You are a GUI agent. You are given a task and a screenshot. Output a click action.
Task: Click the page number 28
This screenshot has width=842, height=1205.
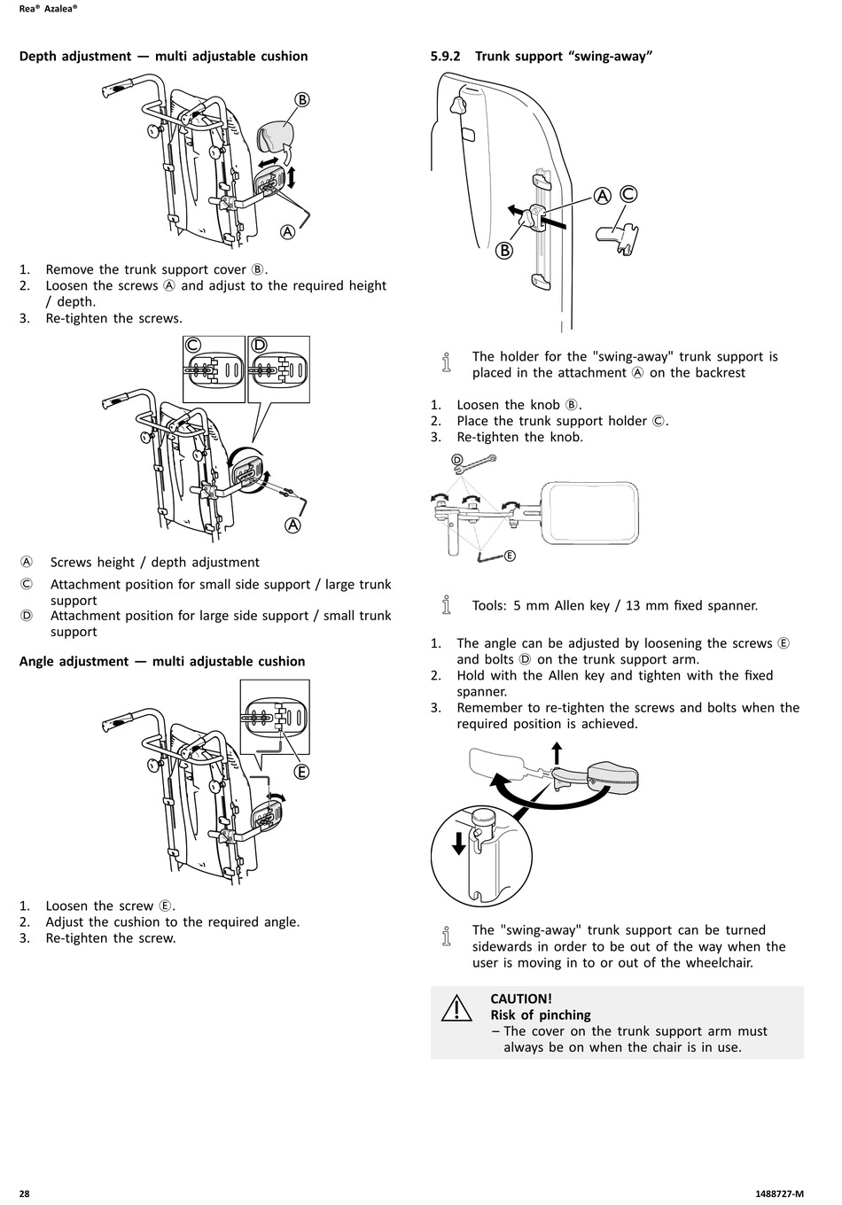(25, 1193)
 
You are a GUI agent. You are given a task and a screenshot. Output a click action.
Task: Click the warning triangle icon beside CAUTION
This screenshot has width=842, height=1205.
(456, 1007)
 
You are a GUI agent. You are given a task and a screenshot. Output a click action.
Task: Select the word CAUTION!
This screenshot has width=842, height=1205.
(521, 999)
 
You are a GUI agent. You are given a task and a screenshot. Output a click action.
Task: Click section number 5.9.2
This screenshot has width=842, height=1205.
(447, 56)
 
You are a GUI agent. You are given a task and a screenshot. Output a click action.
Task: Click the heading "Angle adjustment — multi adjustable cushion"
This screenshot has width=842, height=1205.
(162, 661)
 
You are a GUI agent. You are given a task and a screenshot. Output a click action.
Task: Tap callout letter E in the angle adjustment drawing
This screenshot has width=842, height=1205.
(301, 772)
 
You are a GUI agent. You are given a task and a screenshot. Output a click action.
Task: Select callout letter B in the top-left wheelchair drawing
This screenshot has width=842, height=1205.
(301, 99)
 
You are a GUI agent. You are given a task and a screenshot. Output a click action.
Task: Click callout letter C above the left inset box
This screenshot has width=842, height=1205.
(193, 344)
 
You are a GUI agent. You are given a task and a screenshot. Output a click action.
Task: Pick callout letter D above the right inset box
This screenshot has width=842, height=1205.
(259, 344)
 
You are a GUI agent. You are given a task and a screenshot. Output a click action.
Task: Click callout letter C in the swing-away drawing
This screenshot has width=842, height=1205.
(628, 194)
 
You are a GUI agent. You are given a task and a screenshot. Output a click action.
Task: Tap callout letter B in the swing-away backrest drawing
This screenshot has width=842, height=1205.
(504, 250)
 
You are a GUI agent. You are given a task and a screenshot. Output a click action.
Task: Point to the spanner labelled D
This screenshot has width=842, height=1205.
(479, 461)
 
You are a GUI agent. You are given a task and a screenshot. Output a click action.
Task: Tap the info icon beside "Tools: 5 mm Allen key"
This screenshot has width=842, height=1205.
(447, 606)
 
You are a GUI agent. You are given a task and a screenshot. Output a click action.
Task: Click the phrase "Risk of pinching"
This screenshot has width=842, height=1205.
(541, 1015)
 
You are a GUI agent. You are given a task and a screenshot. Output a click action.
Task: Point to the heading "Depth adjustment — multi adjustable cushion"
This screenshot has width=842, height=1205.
(164, 56)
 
